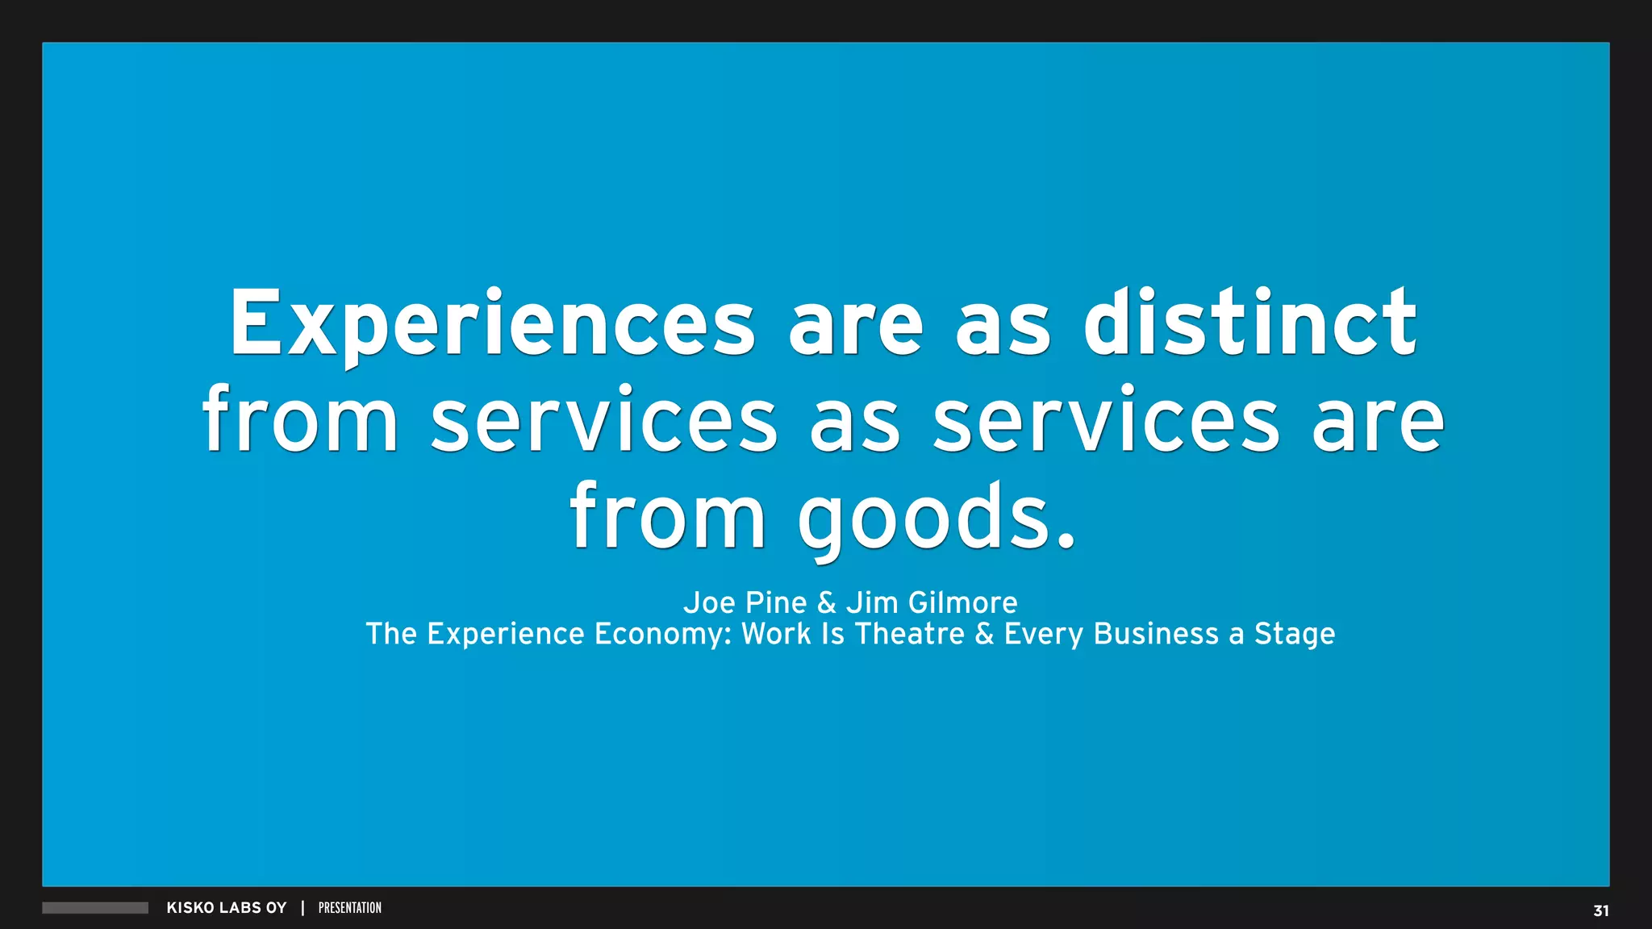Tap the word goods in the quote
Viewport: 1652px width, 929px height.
[936, 518]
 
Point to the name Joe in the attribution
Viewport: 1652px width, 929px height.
[709, 602]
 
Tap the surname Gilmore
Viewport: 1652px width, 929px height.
[962, 602]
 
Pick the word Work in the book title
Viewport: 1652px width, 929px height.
[776, 634]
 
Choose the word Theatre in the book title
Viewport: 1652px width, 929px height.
[909, 634]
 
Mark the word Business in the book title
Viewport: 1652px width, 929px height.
[1156, 634]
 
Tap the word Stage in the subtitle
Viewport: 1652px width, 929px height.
[1294, 635]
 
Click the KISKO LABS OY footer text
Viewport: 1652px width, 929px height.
[227, 908]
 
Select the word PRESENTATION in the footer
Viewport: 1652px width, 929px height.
[350, 908]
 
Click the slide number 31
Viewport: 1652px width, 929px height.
[1600, 910]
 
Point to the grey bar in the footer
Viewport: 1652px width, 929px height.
[95, 908]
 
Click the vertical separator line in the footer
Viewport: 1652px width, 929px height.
[302, 908]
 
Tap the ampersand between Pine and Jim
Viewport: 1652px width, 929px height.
[826, 602]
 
